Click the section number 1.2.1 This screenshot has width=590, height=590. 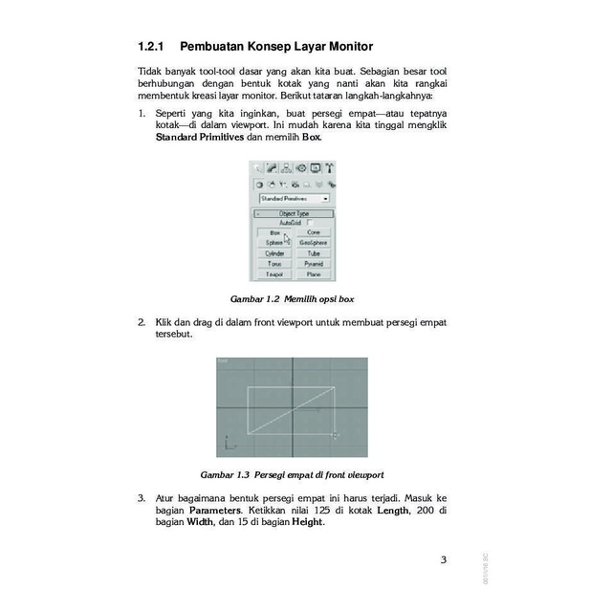(x=152, y=46)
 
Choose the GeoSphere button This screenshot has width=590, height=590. (x=313, y=243)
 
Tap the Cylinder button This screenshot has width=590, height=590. (x=274, y=253)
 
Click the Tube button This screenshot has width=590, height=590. (x=313, y=253)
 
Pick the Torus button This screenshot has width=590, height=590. (x=274, y=263)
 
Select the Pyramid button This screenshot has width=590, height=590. (x=313, y=263)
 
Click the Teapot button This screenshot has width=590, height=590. (x=274, y=273)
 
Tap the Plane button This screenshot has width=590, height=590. (x=313, y=273)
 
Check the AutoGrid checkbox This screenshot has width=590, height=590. (x=310, y=223)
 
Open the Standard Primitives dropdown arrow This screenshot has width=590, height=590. (x=325, y=198)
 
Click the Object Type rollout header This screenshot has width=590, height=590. (x=294, y=213)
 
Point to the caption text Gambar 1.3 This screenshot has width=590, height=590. (x=224, y=474)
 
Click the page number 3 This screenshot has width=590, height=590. (x=443, y=559)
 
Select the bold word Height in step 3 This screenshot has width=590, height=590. (x=307, y=522)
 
